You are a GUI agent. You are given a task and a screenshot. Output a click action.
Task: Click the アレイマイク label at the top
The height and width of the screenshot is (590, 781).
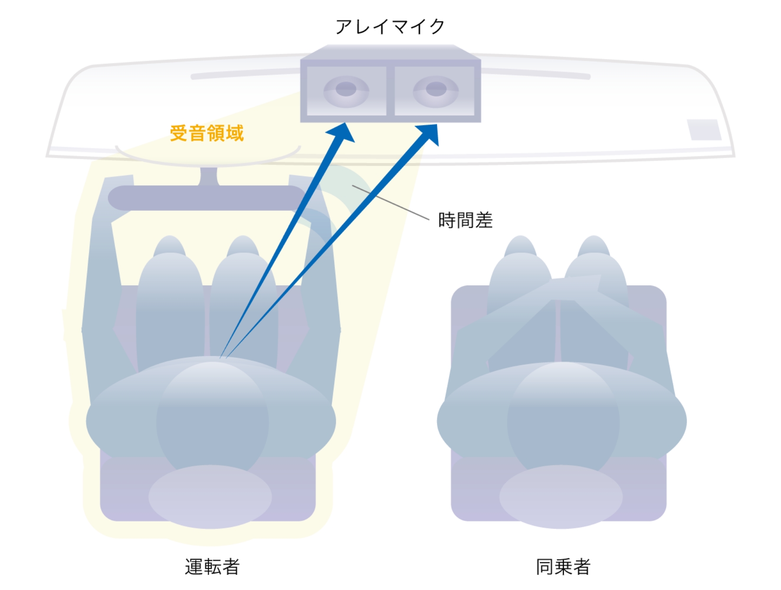click(390, 26)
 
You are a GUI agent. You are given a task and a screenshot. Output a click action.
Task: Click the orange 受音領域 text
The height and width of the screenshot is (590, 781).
click(207, 133)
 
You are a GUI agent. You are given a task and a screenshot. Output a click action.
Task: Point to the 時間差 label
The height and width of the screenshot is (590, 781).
click(465, 220)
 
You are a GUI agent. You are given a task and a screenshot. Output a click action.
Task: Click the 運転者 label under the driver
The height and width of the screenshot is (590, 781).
click(212, 567)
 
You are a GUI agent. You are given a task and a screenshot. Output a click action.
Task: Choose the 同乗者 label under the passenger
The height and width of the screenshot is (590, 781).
click(563, 567)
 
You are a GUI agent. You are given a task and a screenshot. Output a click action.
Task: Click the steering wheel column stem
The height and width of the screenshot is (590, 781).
click(209, 177)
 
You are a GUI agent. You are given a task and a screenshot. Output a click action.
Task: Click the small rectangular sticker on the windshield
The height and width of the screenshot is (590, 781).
click(704, 129)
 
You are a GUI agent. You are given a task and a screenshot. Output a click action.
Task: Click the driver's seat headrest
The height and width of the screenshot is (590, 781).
click(210, 497)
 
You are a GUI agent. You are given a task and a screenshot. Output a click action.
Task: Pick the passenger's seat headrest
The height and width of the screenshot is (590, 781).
click(561, 497)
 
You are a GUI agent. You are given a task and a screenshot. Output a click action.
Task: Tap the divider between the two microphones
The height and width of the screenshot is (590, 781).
click(390, 91)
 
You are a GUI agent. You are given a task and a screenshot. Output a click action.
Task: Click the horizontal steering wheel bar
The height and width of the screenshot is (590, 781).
click(207, 198)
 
